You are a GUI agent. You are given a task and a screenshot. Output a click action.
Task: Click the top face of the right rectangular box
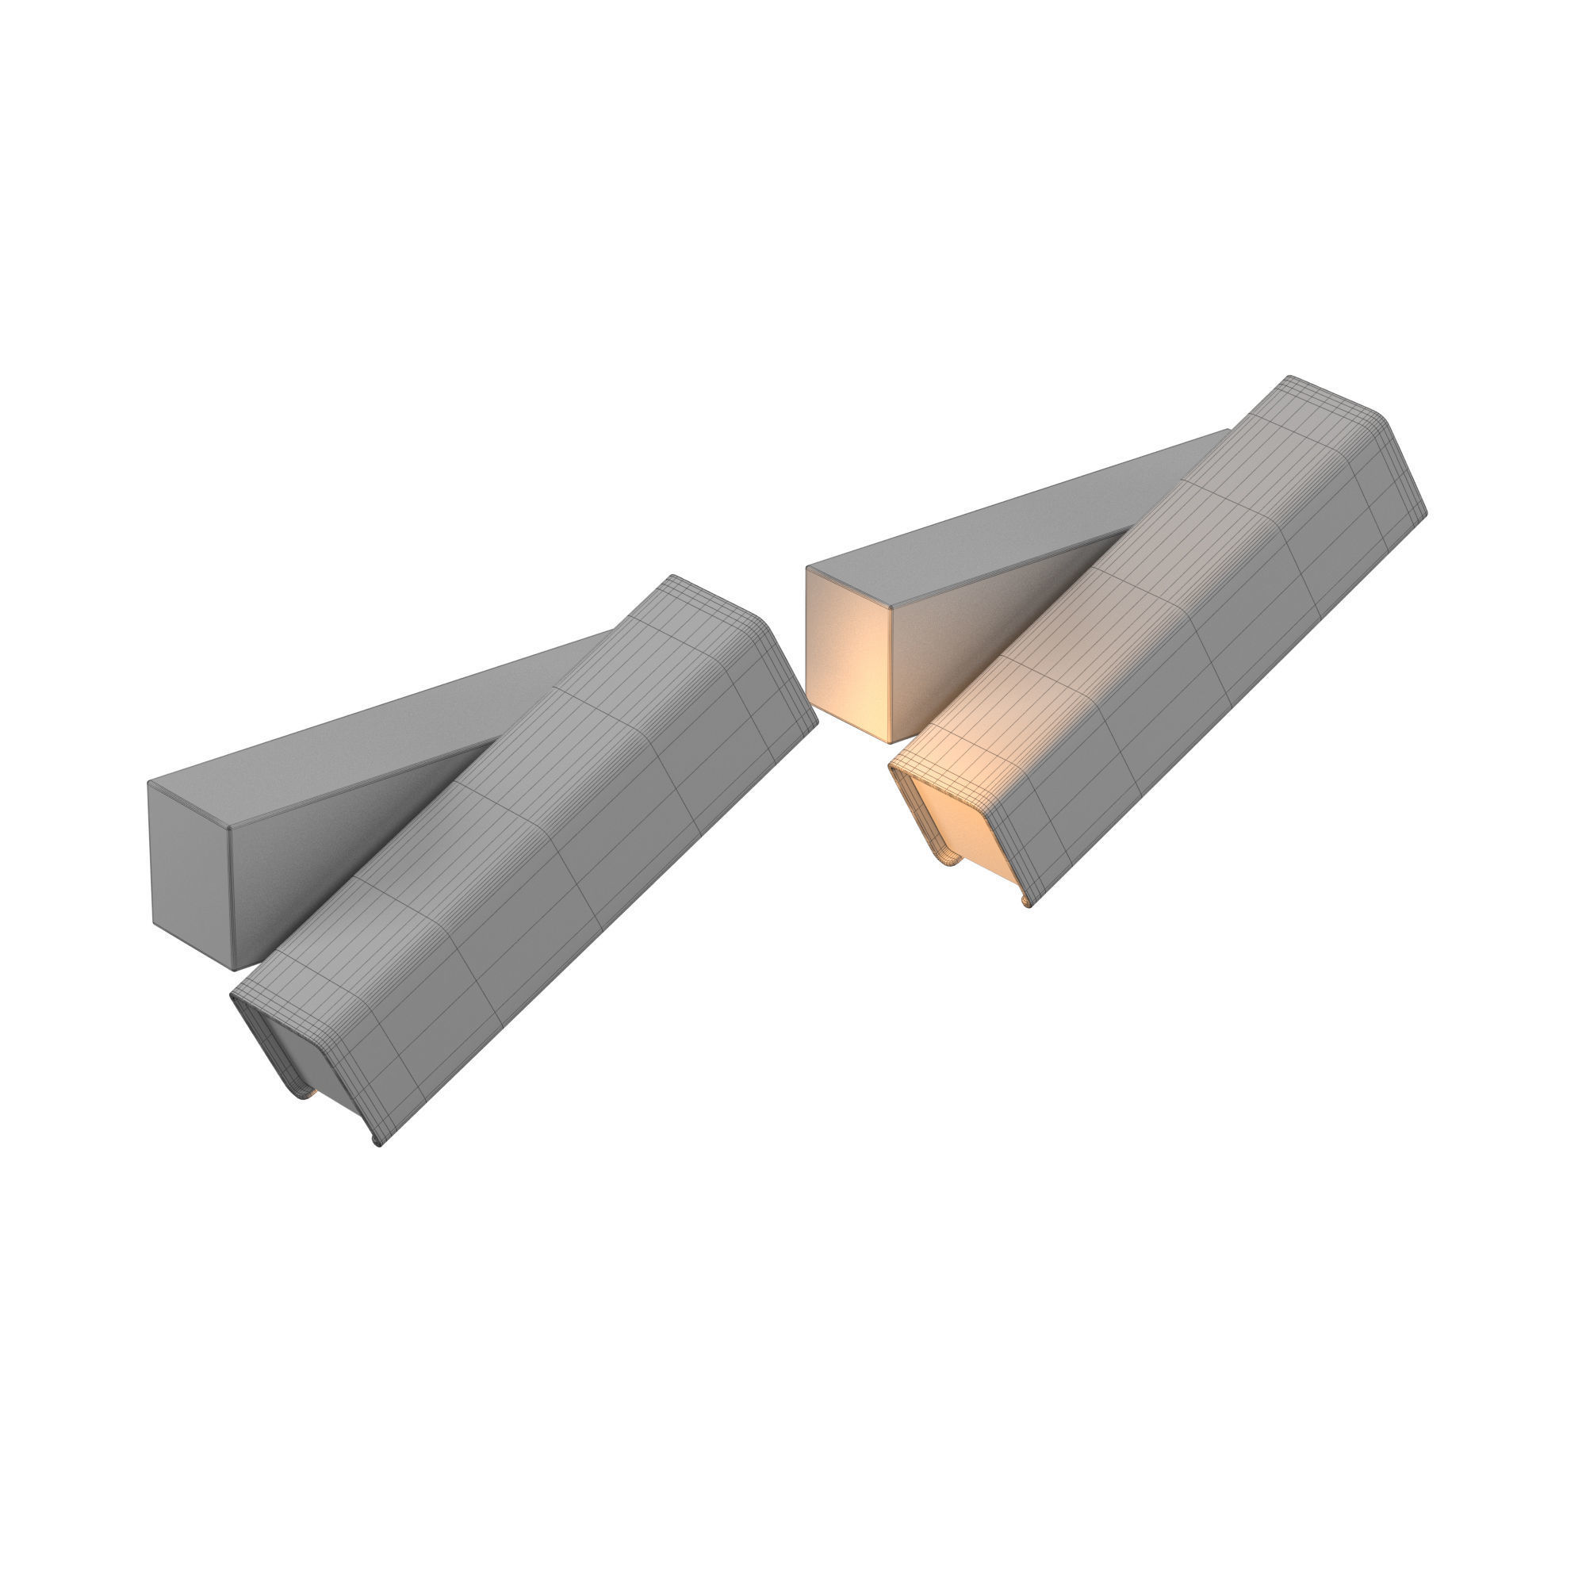[1009, 526]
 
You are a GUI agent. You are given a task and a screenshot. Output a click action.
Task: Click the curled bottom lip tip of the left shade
[377, 1142]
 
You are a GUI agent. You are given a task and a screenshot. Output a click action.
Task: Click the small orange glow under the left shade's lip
[314, 1093]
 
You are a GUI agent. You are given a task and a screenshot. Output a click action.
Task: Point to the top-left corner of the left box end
[149, 783]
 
